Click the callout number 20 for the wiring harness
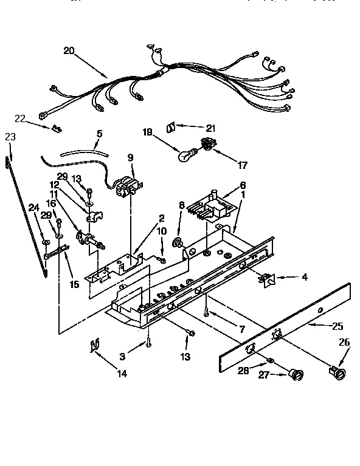69,51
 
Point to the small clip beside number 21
171,126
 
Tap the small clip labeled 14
94,346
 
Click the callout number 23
9,137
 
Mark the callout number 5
99,133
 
